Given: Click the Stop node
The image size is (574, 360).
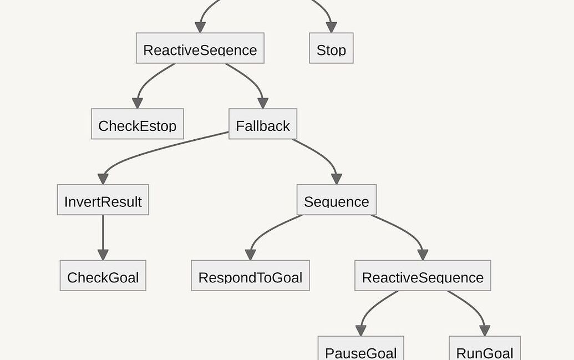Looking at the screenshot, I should [331, 48].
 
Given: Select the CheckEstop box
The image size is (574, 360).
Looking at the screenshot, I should [137, 124].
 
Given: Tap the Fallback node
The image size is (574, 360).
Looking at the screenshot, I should [263, 124].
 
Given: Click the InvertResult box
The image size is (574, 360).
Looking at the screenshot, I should [103, 200].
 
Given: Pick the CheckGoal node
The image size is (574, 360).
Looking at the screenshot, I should [103, 276].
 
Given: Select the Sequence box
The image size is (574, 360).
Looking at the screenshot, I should [336, 200].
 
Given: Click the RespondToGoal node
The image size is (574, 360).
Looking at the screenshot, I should [250, 276].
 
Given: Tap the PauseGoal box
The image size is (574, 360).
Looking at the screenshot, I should [360, 349].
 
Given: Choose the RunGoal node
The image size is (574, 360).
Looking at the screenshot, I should [484, 349].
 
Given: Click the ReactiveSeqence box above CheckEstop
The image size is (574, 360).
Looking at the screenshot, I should [200, 48].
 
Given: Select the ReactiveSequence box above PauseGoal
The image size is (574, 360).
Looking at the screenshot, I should [423, 276].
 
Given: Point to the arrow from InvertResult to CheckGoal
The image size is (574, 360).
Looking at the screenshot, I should [103, 236].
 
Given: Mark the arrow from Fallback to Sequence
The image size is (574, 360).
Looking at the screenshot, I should [322, 153].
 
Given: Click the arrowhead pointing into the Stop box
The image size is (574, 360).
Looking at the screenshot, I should [331, 27].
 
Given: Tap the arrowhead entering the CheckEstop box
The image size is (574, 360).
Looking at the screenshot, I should [137, 103].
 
